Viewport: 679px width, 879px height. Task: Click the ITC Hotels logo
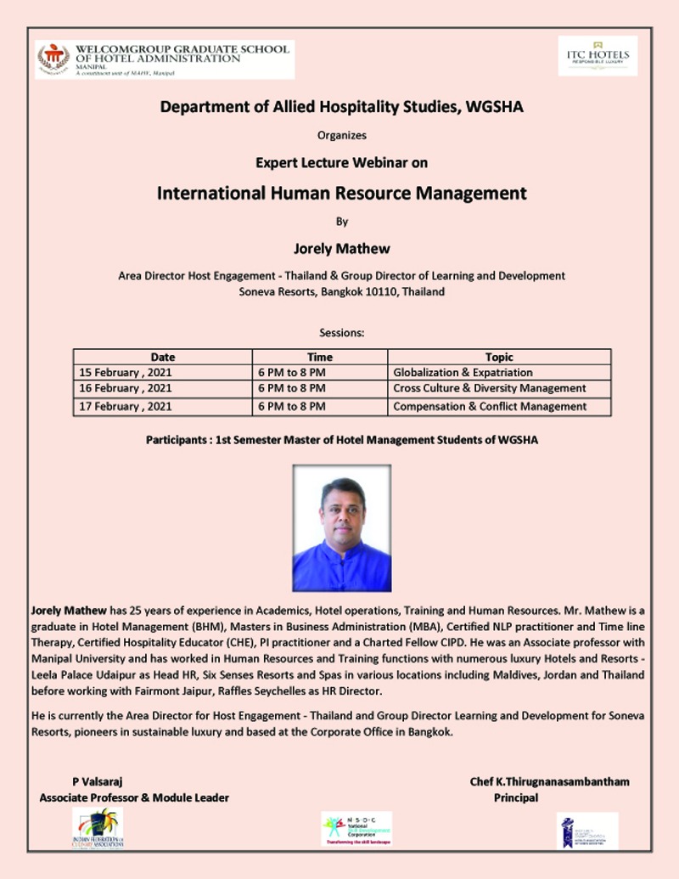pos(598,56)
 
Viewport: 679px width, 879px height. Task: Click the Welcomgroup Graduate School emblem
pos(53,59)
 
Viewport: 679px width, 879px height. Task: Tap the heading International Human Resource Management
pos(342,193)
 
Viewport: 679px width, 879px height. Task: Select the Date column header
pos(163,357)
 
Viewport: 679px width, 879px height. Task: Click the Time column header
pos(320,357)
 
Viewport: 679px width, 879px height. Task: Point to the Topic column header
pos(499,357)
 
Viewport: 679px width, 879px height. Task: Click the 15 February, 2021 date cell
pos(125,372)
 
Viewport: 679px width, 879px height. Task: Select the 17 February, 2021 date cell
pos(125,406)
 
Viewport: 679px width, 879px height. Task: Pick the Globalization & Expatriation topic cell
pos(463,372)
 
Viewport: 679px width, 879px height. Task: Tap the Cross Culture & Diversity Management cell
pos(489,388)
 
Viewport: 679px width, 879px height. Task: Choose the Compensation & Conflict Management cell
pos(490,406)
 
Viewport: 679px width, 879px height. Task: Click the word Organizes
pos(342,133)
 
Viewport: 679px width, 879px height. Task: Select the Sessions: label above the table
pos(342,332)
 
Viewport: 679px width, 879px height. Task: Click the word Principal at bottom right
pos(516,797)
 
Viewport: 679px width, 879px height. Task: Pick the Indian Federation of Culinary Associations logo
pos(98,830)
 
